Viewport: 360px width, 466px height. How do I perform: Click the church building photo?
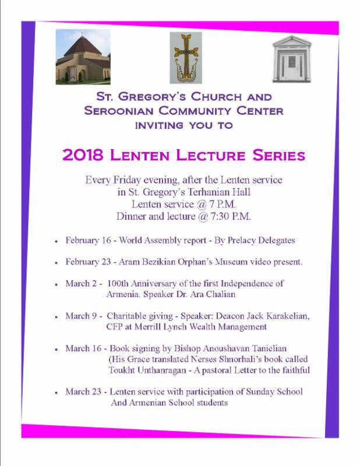point(83,58)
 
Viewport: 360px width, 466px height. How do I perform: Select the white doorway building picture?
point(292,58)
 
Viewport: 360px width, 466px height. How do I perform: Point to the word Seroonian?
point(135,111)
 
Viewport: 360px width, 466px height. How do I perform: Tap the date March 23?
point(84,391)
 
